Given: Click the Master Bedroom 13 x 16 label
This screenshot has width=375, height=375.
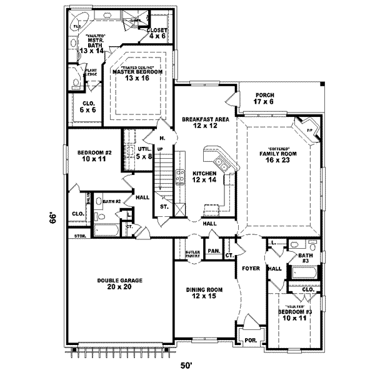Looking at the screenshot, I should tap(137, 75).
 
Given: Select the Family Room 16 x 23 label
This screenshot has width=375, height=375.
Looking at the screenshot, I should tap(272, 156).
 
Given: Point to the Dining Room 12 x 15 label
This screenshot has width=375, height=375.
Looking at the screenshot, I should tap(204, 293).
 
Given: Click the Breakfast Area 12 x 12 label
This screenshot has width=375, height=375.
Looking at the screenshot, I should tap(205, 122).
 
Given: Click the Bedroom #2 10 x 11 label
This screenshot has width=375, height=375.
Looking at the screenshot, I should tap(93, 156).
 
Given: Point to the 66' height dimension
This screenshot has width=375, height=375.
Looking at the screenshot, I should tap(54, 218).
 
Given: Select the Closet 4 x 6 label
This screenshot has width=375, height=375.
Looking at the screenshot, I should tap(156, 33).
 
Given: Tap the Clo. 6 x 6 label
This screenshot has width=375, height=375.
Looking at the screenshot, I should tap(88, 107).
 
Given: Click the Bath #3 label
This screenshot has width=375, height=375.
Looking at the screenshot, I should tap(305, 258).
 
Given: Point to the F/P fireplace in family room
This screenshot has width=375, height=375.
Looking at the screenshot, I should tap(309, 129).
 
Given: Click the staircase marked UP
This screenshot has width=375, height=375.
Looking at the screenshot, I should tap(164, 175).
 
